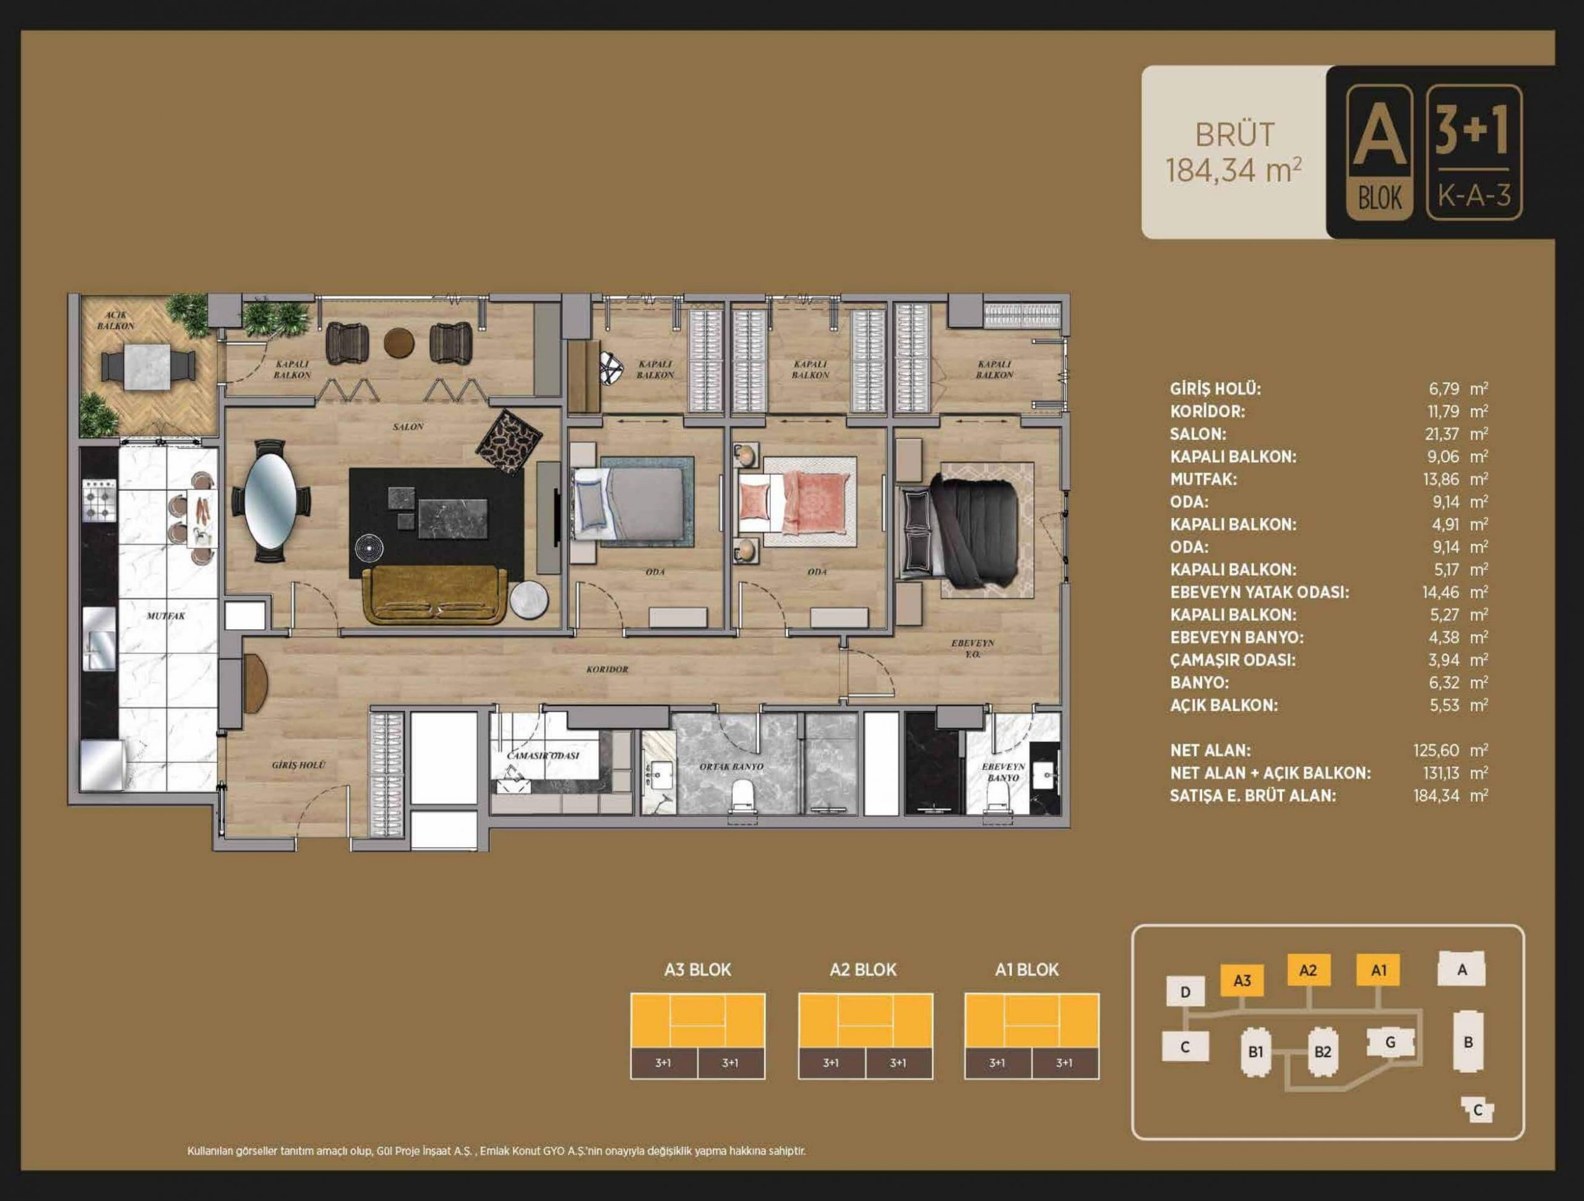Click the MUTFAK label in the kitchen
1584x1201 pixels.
pyautogui.click(x=165, y=616)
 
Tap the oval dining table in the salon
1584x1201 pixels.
pyautogui.click(x=270, y=499)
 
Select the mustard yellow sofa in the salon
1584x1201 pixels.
pyautogui.click(x=436, y=595)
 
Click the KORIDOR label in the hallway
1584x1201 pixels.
pyautogui.click(x=606, y=669)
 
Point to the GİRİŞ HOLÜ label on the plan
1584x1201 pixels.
pyautogui.click(x=298, y=765)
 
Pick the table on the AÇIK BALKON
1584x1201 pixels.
pyautogui.click(x=148, y=367)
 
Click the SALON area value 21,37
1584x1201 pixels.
pyautogui.click(x=1444, y=434)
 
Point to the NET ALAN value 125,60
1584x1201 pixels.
pyautogui.click(x=1435, y=751)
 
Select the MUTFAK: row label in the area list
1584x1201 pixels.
pyautogui.click(x=1203, y=479)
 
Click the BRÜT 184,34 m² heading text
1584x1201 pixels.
pyautogui.click(x=1234, y=153)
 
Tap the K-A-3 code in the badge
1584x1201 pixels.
pyautogui.click(x=1474, y=195)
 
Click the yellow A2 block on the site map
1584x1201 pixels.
pyautogui.click(x=1308, y=970)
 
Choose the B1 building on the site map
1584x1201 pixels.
pyautogui.click(x=1255, y=1051)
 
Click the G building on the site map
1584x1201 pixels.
pyautogui.click(x=1390, y=1043)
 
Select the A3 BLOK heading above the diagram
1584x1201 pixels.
pyautogui.click(x=697, y=970)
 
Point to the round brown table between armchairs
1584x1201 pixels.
pyautogui.click(x=399, y=343)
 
